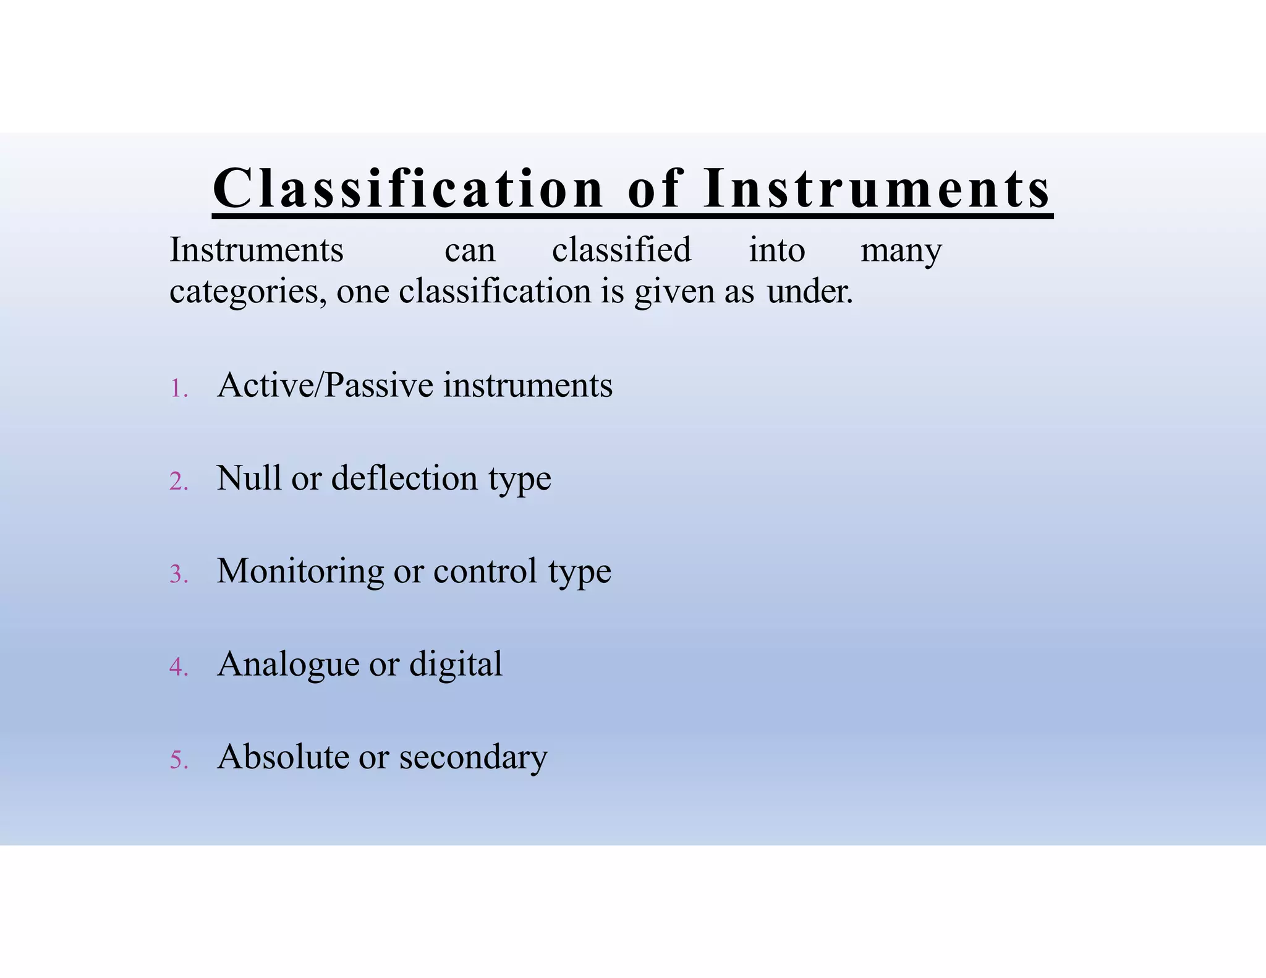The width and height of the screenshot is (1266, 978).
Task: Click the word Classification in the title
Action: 408,189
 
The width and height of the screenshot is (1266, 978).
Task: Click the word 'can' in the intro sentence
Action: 470,251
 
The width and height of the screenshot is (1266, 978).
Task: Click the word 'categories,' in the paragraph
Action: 248,292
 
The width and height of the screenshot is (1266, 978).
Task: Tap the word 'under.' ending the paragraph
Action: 810,292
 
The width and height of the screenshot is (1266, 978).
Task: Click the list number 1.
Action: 179,389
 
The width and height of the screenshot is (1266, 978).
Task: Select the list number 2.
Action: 179,482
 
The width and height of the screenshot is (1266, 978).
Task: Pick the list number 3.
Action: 179,575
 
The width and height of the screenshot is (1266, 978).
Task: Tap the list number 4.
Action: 179,668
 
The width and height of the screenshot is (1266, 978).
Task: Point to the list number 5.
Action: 179,760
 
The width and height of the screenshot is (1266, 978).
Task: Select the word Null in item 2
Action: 249,478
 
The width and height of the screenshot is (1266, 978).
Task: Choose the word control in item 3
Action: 485,571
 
